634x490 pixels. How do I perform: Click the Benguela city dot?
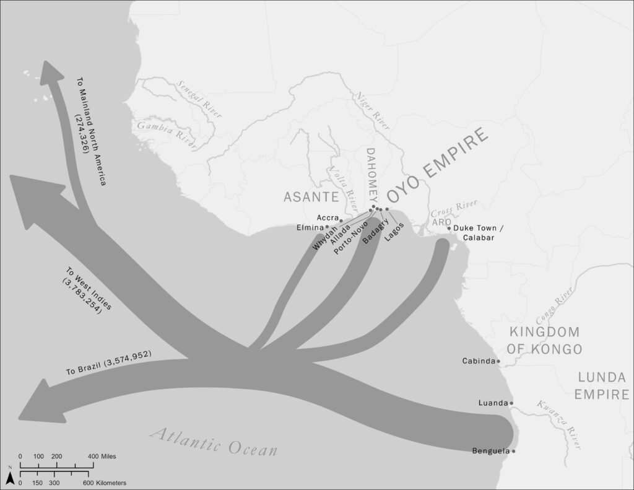tap(513, 451)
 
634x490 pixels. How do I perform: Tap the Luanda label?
tap(493, 403)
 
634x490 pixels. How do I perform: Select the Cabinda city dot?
tap(498, 361)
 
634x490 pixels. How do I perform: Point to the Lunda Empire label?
tap(602, 385)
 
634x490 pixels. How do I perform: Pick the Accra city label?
tap(326, 217)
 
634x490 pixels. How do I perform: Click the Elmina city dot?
tap(328, 227)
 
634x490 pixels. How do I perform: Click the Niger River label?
tap(371, 109)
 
